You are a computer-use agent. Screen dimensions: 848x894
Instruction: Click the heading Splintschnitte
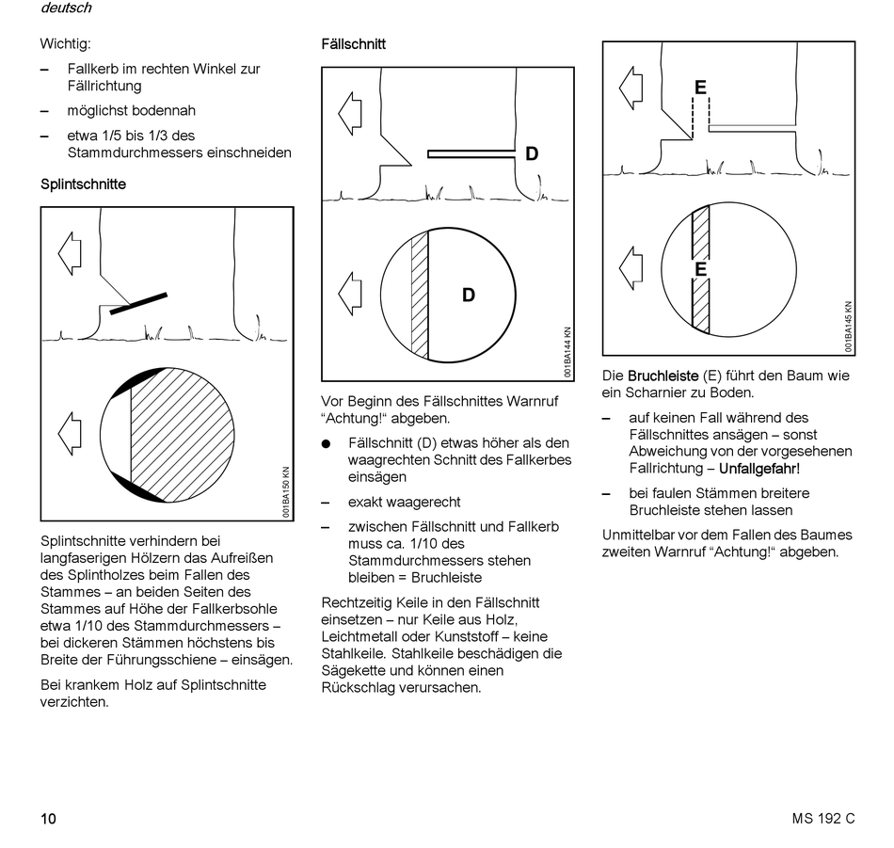point(83,184)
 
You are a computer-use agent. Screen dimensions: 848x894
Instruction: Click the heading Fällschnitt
point(353,44)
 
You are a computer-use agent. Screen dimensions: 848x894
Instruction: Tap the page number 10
point(48,818)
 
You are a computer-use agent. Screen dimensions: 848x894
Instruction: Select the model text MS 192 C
point(823,818)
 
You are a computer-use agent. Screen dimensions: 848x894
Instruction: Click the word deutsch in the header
point(66,8)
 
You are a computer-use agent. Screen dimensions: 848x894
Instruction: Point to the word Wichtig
point(65,43)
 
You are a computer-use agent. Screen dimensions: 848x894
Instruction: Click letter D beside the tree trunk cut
point(532,154)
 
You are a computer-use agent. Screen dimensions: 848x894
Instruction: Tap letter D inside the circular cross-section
point(468,296)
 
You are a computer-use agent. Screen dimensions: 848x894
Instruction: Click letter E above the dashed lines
point(700,88)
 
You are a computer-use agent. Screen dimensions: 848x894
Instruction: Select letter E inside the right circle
point(700,269)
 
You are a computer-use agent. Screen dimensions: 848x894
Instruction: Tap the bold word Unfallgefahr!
point(759,468)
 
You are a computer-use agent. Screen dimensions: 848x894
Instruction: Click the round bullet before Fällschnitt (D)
point(327,443)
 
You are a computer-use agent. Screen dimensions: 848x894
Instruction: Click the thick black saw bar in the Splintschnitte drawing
point(139,303)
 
